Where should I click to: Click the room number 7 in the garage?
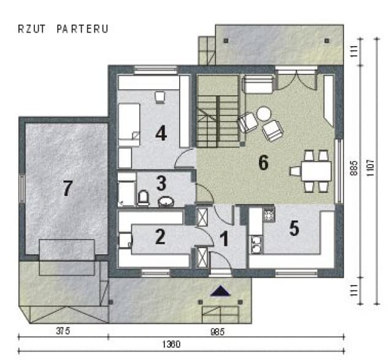67,188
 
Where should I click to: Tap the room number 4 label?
161,133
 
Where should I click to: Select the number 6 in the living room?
263,162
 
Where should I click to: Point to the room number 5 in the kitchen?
295,228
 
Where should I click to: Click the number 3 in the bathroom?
161,183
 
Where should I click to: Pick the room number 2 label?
160,237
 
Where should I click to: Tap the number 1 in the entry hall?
225,238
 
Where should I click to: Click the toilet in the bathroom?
143,198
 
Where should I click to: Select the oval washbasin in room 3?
166,202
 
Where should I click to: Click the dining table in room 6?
317,171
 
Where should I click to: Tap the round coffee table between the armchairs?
263,114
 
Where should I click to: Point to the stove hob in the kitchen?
269,214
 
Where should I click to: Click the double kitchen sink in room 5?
256,245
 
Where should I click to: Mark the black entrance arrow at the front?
220,291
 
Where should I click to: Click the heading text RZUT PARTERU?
63,29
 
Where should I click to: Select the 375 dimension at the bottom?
63,331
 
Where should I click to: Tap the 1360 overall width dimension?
171,345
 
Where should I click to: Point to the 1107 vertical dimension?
370,168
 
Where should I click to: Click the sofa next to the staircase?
258,84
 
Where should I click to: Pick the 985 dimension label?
218,332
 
